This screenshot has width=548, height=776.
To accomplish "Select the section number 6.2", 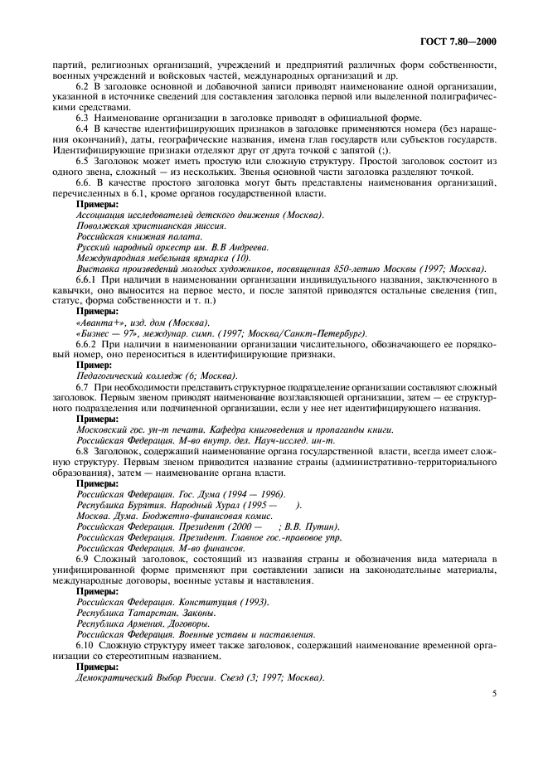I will click(83, 87).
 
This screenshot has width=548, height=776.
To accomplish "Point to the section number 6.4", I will click(83, 132).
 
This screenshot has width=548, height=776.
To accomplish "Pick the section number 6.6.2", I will click(86, 344).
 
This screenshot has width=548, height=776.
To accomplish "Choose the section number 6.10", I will click(85, 643).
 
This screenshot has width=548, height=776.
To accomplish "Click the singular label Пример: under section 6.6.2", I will click(95, 365).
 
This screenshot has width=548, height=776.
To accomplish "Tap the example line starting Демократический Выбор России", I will click(199, 676).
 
